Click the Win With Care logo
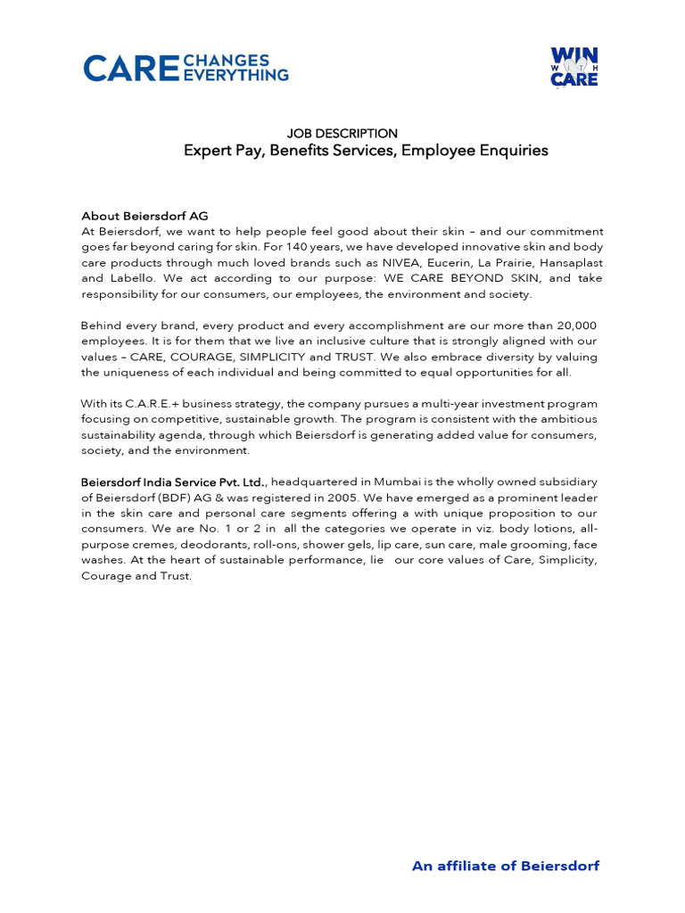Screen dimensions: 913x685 (574, 68)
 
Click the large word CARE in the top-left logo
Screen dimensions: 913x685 (130, 69)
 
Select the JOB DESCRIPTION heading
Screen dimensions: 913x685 (342, 134)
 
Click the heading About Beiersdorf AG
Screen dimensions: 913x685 (144, 216)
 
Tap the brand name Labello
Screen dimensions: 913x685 (131, 278)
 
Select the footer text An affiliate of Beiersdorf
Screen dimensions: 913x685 (505, 866)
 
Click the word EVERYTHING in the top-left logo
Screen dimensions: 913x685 (235, 76)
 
